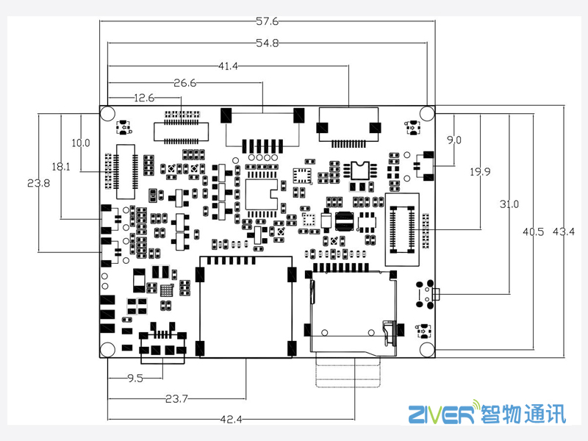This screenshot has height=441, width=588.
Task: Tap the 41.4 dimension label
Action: (229, 66)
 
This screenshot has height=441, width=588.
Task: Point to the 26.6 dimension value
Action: (185, 83)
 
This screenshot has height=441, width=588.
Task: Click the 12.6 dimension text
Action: (143, 98)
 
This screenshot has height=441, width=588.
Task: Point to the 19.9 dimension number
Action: (480, 172)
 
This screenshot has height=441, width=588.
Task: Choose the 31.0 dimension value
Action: (509, 204)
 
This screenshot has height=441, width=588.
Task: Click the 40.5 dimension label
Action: (533, 232)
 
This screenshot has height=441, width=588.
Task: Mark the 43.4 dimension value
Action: (564, 232)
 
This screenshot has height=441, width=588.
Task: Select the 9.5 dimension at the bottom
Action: (135, 379)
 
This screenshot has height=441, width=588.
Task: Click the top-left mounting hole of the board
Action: (108, 114)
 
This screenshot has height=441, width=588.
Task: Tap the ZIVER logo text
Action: (441, 415)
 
